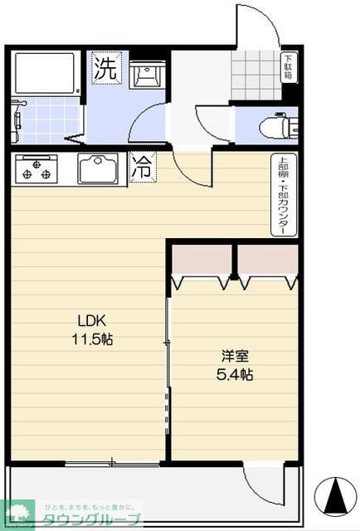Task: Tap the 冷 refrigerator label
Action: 143,167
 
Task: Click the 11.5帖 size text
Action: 93,339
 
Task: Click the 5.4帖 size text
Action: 236,374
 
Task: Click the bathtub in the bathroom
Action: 45,74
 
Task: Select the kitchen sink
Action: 100,168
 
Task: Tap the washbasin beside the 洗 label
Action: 149,74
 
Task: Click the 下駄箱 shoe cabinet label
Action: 288,67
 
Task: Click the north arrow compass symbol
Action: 335,497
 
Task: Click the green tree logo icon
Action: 17,513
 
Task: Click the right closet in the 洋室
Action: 268,265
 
